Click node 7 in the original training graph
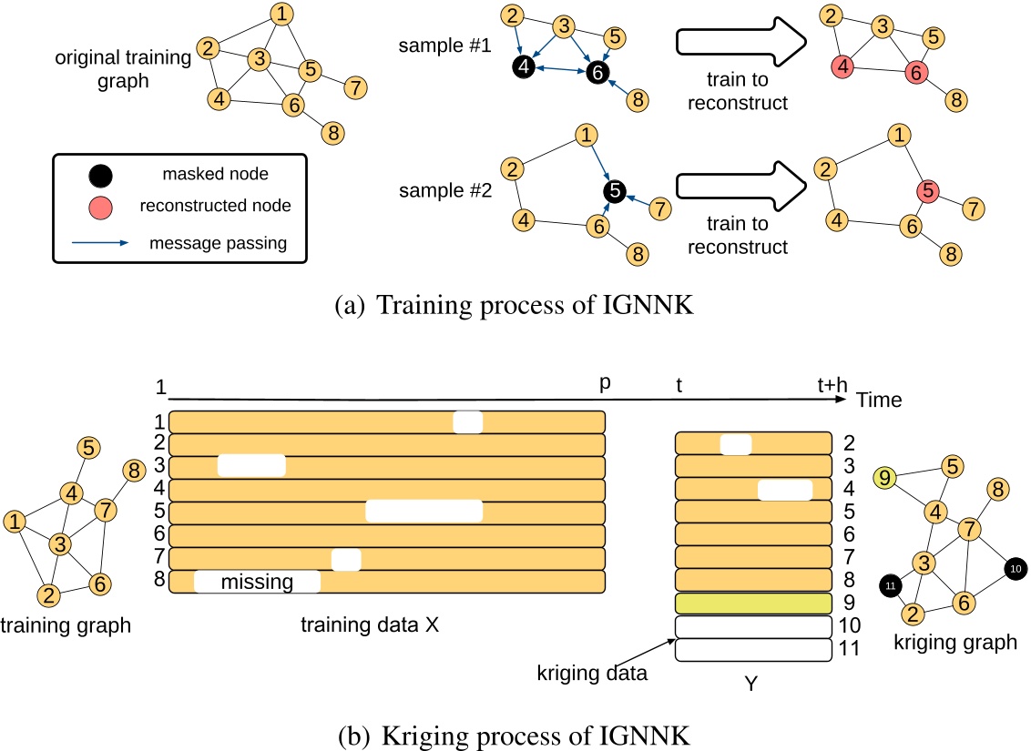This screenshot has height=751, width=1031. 356,88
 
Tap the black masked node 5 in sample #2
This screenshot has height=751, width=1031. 615,191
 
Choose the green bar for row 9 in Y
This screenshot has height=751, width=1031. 753,603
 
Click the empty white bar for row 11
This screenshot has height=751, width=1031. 753,650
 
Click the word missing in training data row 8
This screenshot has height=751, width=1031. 257,582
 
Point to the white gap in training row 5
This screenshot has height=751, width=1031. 424,513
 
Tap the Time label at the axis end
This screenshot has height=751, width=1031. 877,399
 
